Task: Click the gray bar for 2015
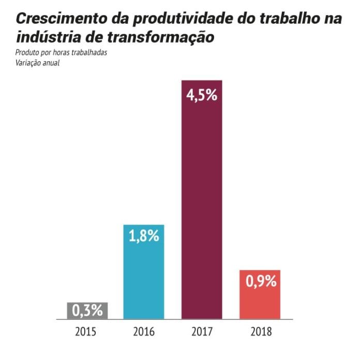[x=87, y=311]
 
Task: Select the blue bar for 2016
[x=144, y=272]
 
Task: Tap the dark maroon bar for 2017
[x=202, y=200]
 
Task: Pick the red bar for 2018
[x=260, y=294]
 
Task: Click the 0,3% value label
[x=87, y=310]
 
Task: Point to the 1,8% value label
[x=144, y=235]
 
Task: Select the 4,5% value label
[x=202, y=95]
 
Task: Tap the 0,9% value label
[x=261, y=281]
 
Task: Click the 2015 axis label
[x=86, y=332]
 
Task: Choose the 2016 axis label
[x=144, y=332]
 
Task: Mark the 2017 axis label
[x=202, y=332]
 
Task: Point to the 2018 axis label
[x=261, y=332]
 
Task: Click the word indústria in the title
[x=48, y=37]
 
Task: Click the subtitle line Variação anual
[x=37, y=63]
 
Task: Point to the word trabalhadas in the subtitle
[x=89, y=52]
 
